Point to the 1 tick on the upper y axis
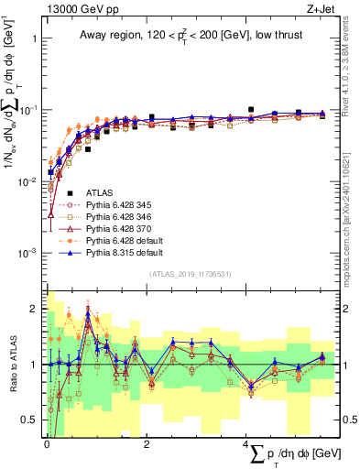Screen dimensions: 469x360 34,39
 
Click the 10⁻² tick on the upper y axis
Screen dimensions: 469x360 27,181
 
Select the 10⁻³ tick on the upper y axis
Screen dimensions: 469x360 27,253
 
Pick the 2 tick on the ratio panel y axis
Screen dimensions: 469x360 34,309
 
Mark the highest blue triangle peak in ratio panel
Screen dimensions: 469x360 88,312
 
